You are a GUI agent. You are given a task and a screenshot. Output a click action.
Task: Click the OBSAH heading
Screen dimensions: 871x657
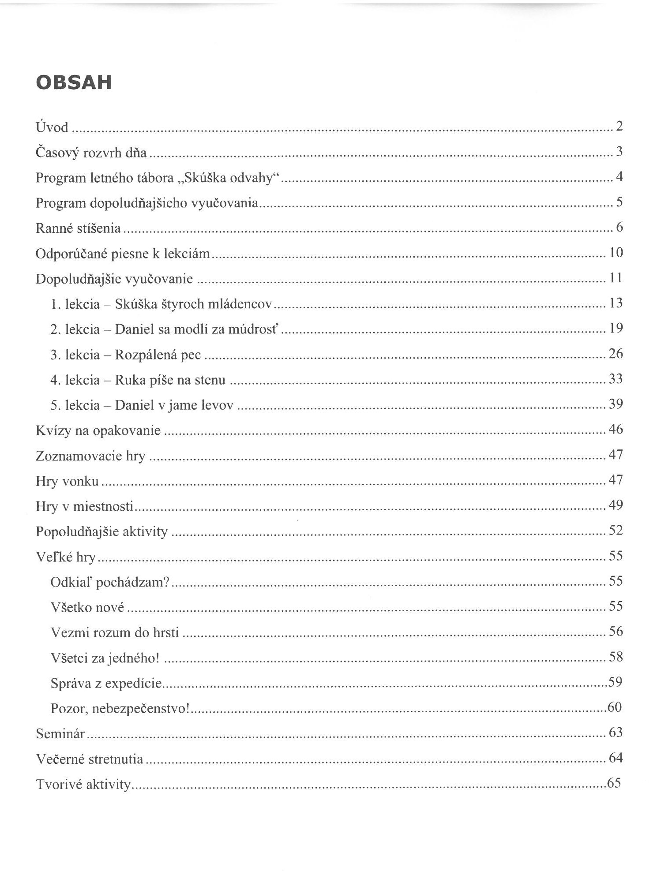click(x=74, y=83)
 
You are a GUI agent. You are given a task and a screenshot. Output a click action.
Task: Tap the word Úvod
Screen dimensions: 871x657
click(x=52, y=127)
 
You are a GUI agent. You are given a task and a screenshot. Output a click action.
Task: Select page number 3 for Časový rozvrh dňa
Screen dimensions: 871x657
click(x=619, y=152)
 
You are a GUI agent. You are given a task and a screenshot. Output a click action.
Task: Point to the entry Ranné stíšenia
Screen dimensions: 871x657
click(x=78, y=228)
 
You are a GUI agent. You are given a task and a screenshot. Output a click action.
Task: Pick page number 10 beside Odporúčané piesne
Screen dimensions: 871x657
click(x=616, y=253)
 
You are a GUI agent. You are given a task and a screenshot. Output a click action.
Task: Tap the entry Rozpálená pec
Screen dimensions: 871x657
click(x=158, y=355)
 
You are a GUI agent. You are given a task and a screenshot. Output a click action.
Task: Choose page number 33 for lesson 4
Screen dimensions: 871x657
click(x=616, y=379)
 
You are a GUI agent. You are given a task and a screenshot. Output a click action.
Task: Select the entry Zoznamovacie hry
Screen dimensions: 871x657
click(x=90, y=456)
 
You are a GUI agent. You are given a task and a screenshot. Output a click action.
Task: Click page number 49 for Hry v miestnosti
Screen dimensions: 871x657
click(x=616, y=505)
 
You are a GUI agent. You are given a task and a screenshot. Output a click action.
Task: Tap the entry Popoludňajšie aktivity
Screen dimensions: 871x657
click(x=101, y=531)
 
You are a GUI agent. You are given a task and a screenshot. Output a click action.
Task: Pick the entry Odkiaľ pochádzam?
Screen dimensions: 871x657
click(x=110, y=582)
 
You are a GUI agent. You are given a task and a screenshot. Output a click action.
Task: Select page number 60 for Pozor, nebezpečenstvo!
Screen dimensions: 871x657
click(x=615, y=707)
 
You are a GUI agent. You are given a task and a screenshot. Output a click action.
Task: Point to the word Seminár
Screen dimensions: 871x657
click(x=60, y=733)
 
